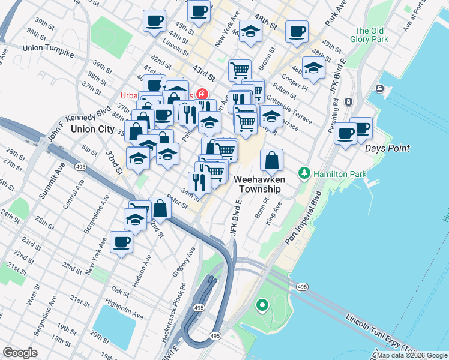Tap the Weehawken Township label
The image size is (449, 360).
coord(257,184)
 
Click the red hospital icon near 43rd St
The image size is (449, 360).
coord(203,95)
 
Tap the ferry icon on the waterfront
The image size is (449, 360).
coord(381,89)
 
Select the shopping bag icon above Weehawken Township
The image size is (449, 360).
coord(272,160)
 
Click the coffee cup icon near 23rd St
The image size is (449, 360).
coord(121,242)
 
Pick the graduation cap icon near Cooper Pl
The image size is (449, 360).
coord(313,68)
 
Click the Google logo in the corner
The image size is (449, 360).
coord(20,353)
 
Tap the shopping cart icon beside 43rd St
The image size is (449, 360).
coord(240,70)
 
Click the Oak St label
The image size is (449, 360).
coord(119,292)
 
